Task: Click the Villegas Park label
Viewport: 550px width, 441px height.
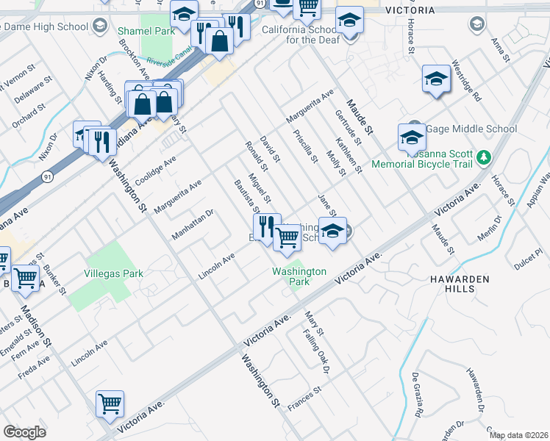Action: coord(114,273)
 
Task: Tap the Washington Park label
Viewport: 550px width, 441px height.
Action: coord(299,276)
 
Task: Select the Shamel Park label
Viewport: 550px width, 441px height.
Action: coord(147,32)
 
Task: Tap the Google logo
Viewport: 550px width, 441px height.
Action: coord(24,432)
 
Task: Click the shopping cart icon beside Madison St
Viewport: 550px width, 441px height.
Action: coord(26,278)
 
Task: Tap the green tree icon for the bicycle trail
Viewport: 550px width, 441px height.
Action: coord(483,157)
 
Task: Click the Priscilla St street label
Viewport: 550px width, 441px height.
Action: coord(304,146)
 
